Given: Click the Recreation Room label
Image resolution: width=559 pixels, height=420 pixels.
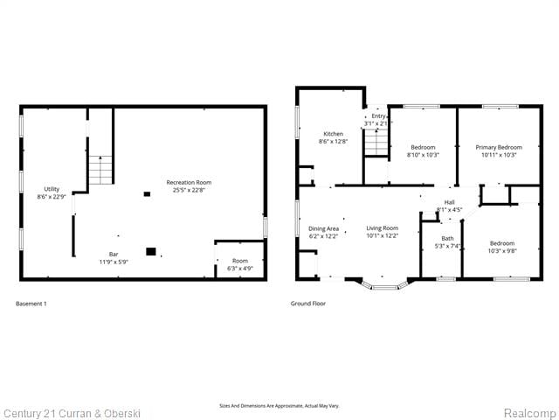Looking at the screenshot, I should pos(189,186).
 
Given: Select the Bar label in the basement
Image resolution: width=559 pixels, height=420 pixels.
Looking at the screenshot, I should pos(114,258).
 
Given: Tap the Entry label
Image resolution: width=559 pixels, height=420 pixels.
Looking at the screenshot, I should pos(378,120).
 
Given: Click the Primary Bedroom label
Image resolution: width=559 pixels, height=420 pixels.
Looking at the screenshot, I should pos(498,151).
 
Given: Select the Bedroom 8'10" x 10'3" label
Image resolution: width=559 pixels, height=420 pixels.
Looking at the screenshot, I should pos(423,151).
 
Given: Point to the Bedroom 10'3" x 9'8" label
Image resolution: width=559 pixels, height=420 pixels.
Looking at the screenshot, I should pos(501,247).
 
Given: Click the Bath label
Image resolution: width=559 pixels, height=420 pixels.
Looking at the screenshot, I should pos(447,242).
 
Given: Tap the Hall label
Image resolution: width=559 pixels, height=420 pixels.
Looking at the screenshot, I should pos(449,206).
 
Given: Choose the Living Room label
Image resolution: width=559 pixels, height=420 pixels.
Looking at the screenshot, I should pos(382,232).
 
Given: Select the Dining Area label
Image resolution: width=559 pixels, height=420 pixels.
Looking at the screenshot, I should pos(323,232).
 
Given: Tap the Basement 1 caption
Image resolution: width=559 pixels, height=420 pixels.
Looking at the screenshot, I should pos(31,304).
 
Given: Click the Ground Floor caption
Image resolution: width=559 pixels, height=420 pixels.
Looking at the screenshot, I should pos(307,304).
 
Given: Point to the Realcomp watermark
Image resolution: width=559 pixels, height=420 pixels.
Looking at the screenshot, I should pos(529,412).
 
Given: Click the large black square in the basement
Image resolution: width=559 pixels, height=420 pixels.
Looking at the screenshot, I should pos(151,251).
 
